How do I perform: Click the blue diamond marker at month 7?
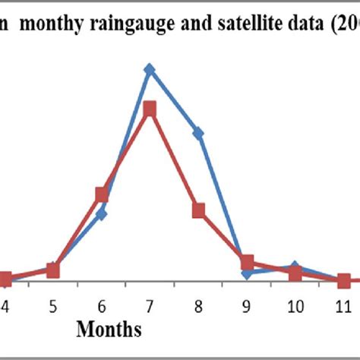[x=150, y=70]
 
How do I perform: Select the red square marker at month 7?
[x=150, y=109]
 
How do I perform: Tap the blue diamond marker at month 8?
[x=198, y=133]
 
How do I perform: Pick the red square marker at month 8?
[x=198, y=210]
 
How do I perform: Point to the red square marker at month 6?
[x=102, y=195]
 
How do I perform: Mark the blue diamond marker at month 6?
[x=102, y=213]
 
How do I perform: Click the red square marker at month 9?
[x=247, y=263]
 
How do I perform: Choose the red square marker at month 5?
[x=53, y=270]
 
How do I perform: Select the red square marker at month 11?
[x=343, y=280]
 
